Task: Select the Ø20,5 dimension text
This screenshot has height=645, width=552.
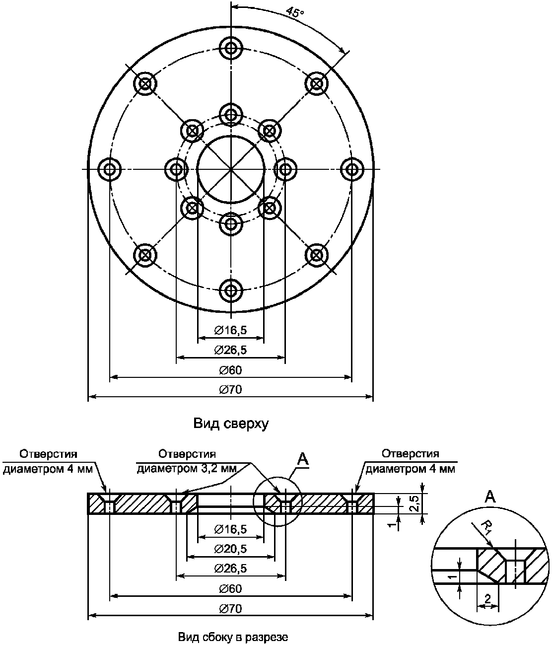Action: (230, 549)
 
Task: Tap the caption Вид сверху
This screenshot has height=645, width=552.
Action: (230, 424)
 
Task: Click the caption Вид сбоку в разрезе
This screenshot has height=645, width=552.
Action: (232, 636)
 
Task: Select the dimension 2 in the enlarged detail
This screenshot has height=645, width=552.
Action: (487, 599)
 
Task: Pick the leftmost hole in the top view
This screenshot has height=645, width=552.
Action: (110, 169)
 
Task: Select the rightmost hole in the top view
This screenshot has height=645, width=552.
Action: (351, 169)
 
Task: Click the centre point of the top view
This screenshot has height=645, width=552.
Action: (230, 169)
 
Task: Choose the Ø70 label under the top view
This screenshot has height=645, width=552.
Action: (230, 390)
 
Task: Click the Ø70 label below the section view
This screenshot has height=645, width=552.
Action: (230, 609)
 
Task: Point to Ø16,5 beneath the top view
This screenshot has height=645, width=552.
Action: (230, 330)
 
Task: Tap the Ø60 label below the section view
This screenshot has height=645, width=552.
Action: (230, 588)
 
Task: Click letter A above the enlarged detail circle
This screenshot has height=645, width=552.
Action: (490, 496)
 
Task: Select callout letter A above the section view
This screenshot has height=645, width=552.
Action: (303, 460)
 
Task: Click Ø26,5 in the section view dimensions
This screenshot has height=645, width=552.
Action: (230, 568)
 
